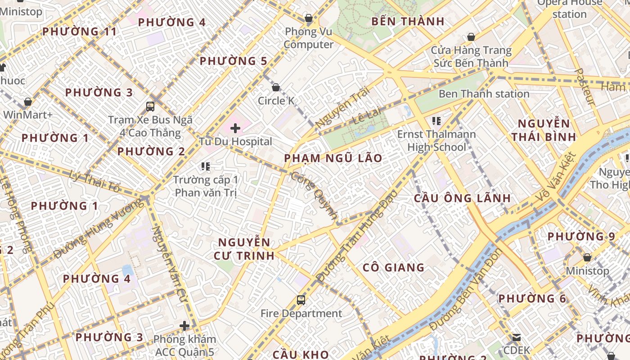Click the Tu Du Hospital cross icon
[235, 128]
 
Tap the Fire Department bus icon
[301, 300]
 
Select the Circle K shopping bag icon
[275, 87]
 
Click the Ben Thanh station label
[484, 94]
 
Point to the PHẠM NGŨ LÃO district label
[333, 158]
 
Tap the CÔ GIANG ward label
[393, 268]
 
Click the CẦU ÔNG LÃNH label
[462, 198]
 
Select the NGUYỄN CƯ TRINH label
[244, 249]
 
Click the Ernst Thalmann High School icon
[436, 121]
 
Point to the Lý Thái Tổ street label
[94, 181]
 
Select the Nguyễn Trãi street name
[342, 107]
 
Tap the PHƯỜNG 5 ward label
[233, 61]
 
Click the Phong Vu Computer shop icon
[308, 18]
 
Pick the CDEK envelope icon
[516, 337]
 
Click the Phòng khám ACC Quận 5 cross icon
[184, 326]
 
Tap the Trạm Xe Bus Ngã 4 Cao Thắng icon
[150, 107]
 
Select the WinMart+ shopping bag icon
[28, 102]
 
